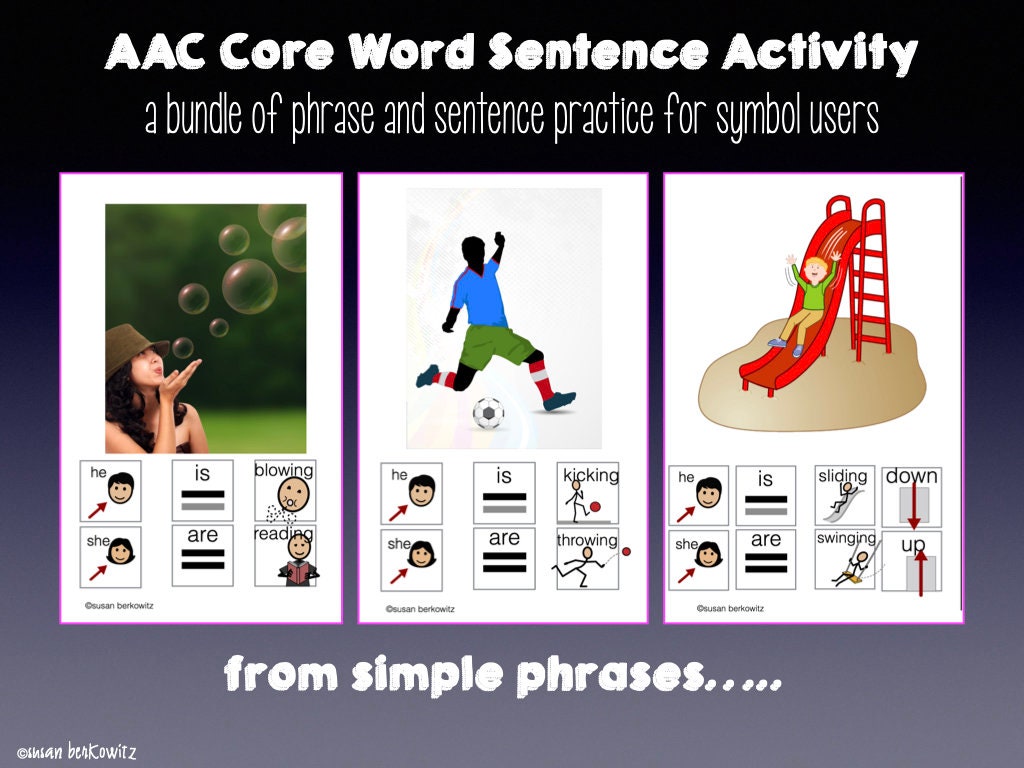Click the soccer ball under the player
tap(488, 413)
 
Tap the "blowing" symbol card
tap(284, 490)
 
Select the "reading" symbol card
tap(284, 555)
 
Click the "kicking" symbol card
tap(588, 492)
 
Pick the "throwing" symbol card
tap(588, 558)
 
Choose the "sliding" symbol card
tap(845, 494)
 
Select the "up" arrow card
tap(911, 561)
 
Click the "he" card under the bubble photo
tap(111, 490)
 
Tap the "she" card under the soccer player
tap(412, 558)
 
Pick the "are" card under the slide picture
tap(766, 558)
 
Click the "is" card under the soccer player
tap(504, 492)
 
